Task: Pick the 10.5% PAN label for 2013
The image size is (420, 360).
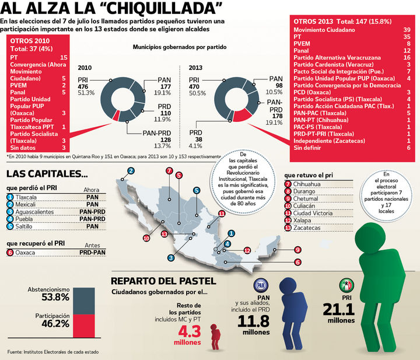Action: tap(275, 92)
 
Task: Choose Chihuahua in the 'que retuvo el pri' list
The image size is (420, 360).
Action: tap(310, 184)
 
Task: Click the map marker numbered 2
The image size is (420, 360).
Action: tap(131, 170)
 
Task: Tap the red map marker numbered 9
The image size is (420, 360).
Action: tap(297, 250)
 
